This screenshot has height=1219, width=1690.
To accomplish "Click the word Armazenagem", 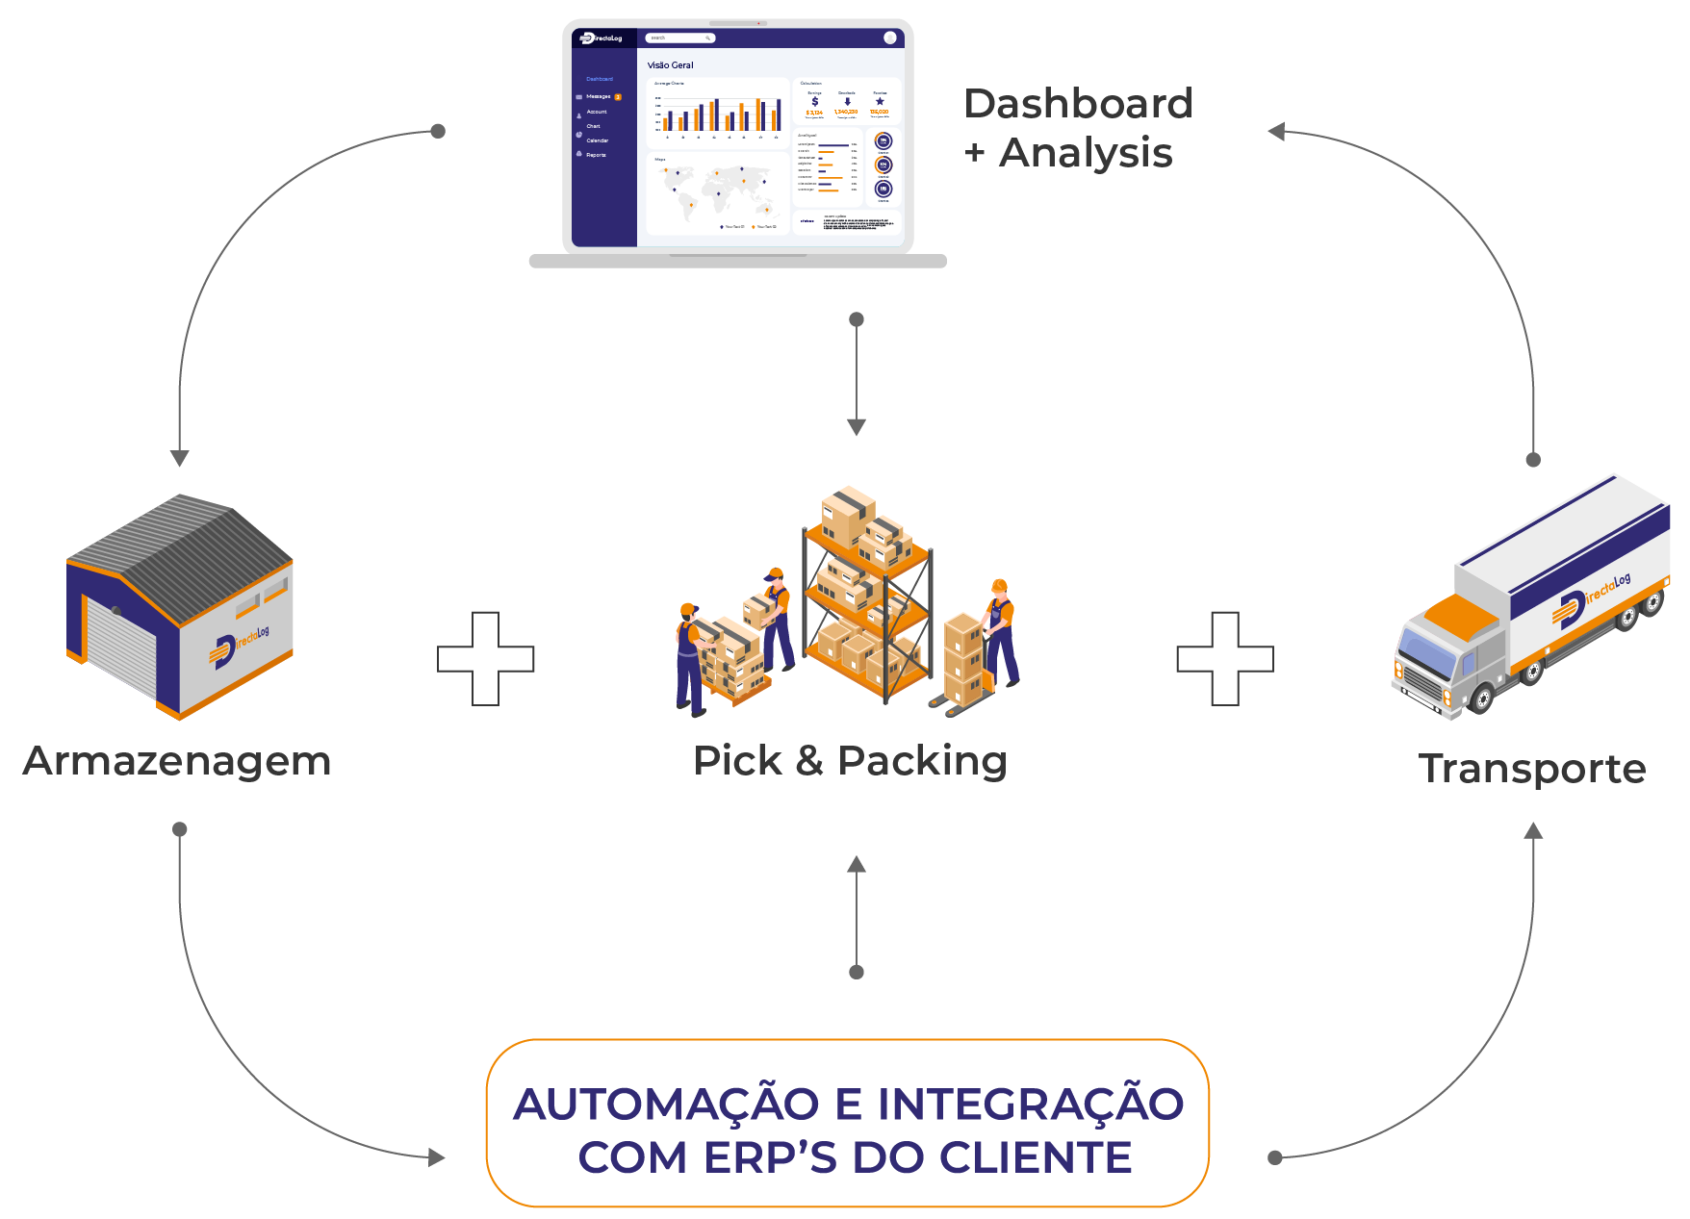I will coord(177,761).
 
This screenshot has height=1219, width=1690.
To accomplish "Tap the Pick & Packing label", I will coord(850,761).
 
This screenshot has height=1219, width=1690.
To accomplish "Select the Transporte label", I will coord(1532,769).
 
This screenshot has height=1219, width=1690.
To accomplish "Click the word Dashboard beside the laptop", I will coord(1078,104).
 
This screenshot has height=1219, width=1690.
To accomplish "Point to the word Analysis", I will coord(1086,153).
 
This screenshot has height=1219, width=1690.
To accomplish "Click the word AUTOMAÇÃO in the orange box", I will coord(666,1105).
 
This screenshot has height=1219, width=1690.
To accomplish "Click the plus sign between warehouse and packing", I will coord(486,659).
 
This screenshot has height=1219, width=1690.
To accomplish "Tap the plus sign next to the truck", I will coord(1225,659).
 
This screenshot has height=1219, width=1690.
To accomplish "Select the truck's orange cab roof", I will coord(1461,616).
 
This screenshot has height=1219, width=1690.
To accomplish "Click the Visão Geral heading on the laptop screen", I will coord(670,65).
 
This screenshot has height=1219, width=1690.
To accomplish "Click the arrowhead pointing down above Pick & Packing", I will coord(857,427).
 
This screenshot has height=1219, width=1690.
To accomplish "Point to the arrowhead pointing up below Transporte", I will coord(1533,831).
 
